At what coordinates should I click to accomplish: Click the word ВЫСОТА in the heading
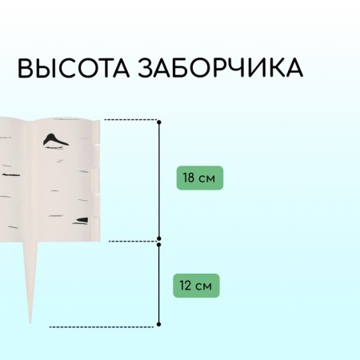click(74, 67)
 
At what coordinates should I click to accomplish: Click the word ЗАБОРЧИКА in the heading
click(220, 67)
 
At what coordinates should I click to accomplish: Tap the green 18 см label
click(200, 178)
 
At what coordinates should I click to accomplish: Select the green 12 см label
click(196, 286)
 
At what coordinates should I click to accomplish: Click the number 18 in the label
click(189, 178)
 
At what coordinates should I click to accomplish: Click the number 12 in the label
click(186, 286)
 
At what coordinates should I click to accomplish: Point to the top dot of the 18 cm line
click(159, 122)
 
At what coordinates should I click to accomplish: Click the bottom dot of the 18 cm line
click(159, 238)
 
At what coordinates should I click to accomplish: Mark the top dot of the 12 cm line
click(159, 244)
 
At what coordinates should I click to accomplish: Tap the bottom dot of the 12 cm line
click(159, 324)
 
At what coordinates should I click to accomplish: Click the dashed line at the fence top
click(131, 120)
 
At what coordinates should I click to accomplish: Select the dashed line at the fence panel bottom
click(134, 241)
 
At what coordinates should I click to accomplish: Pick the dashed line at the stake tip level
click(102, 326)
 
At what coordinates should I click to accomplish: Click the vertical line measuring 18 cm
click(159, 180)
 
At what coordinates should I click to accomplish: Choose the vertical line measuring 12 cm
click(159, 284)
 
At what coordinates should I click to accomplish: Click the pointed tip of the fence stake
click(30, 322)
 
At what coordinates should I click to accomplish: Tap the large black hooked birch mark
click(55, 141)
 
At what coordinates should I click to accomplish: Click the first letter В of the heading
click(25, 68)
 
